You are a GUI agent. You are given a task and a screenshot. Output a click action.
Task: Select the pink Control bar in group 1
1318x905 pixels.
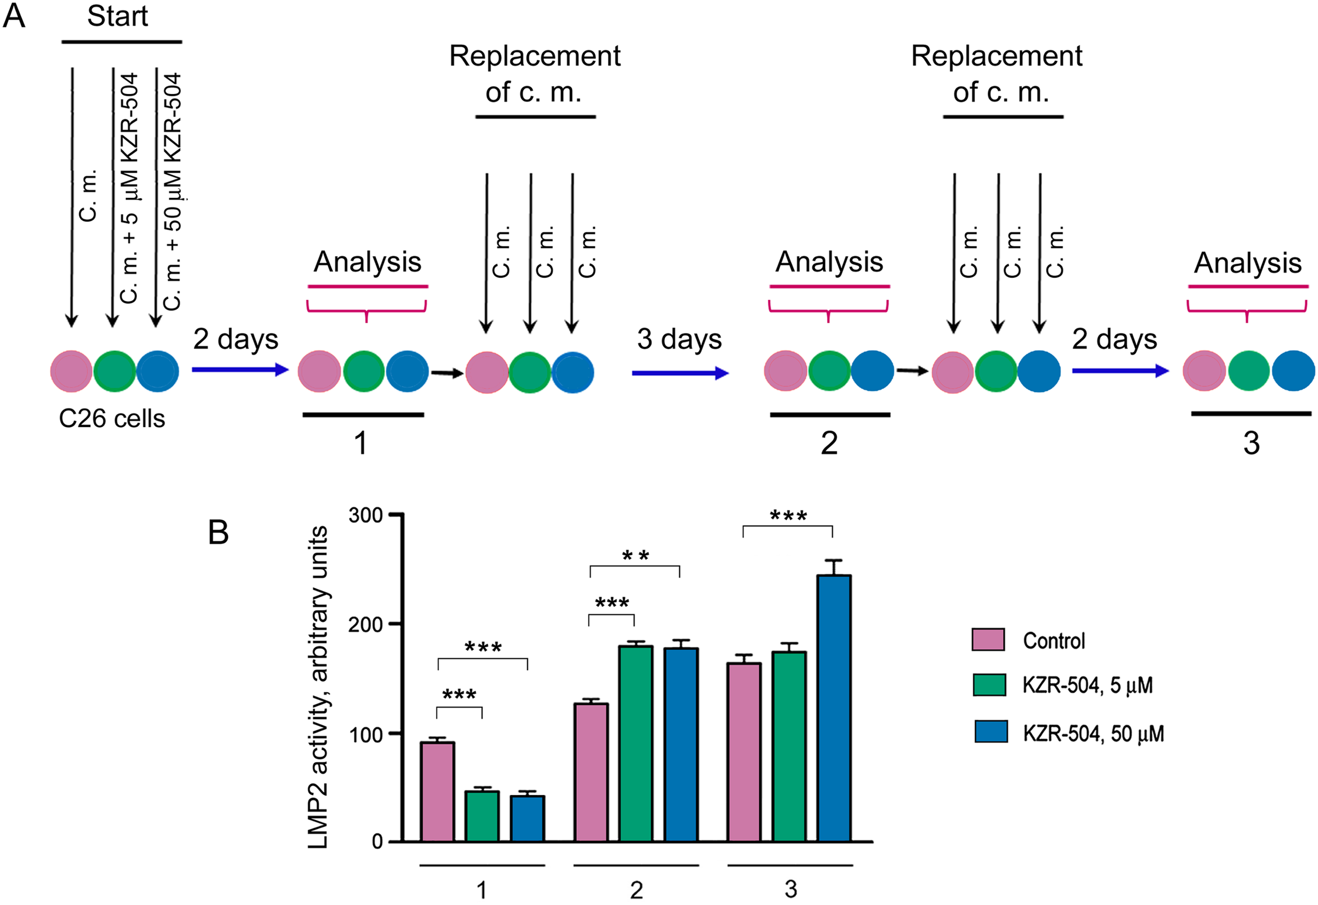point(437,791)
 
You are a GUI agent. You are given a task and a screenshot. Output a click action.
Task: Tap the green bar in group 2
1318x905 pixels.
point(635,743)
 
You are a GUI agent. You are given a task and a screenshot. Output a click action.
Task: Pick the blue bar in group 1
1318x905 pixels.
point(527,818)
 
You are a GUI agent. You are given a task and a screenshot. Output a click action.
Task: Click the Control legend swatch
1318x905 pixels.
point(988,639)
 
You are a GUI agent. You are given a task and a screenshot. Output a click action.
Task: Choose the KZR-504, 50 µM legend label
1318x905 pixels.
point(1093,734)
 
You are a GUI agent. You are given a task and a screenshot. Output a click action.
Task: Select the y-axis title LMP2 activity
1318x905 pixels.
point(319,686)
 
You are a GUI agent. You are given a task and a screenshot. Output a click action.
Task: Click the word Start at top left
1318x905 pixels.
point(117,16)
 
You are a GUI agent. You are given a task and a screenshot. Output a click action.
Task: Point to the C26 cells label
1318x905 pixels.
point(112,419)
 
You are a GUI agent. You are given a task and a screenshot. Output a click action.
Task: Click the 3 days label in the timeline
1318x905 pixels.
point(679,339)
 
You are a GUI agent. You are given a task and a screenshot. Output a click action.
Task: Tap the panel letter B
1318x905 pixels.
point(219,533)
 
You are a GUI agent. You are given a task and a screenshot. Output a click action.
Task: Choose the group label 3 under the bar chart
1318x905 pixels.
point(790,889)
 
